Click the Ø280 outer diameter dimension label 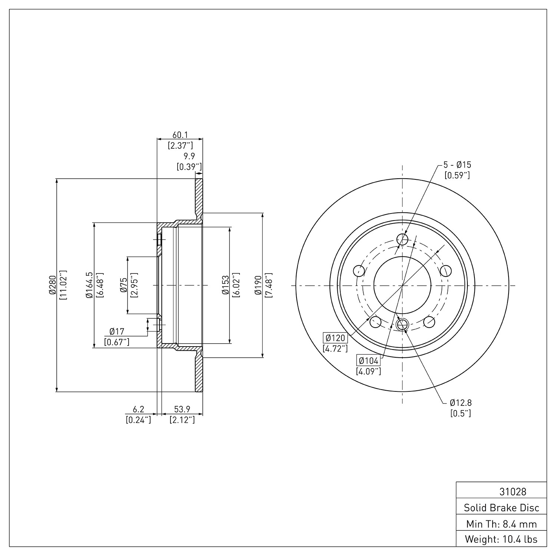point(52,285)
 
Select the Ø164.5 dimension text point(89,285)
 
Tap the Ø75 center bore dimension point(123,285)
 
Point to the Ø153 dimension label point(225,285)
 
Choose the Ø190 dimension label point(258,285)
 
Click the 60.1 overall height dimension point(180,135)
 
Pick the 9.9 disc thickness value point(189,156)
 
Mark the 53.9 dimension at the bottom point(182,409)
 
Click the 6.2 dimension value point(138,409)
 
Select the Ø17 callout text point(117,331)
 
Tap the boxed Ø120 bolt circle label point(335,338)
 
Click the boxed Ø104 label point(368,360)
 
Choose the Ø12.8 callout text point(461,403)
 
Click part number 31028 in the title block point(513,492)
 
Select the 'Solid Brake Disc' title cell point(502,508)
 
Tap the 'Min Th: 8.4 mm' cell point(502,524)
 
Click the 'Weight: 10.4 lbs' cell point(502,540)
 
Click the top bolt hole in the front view point(402,239)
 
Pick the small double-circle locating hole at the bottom point(402,325)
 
